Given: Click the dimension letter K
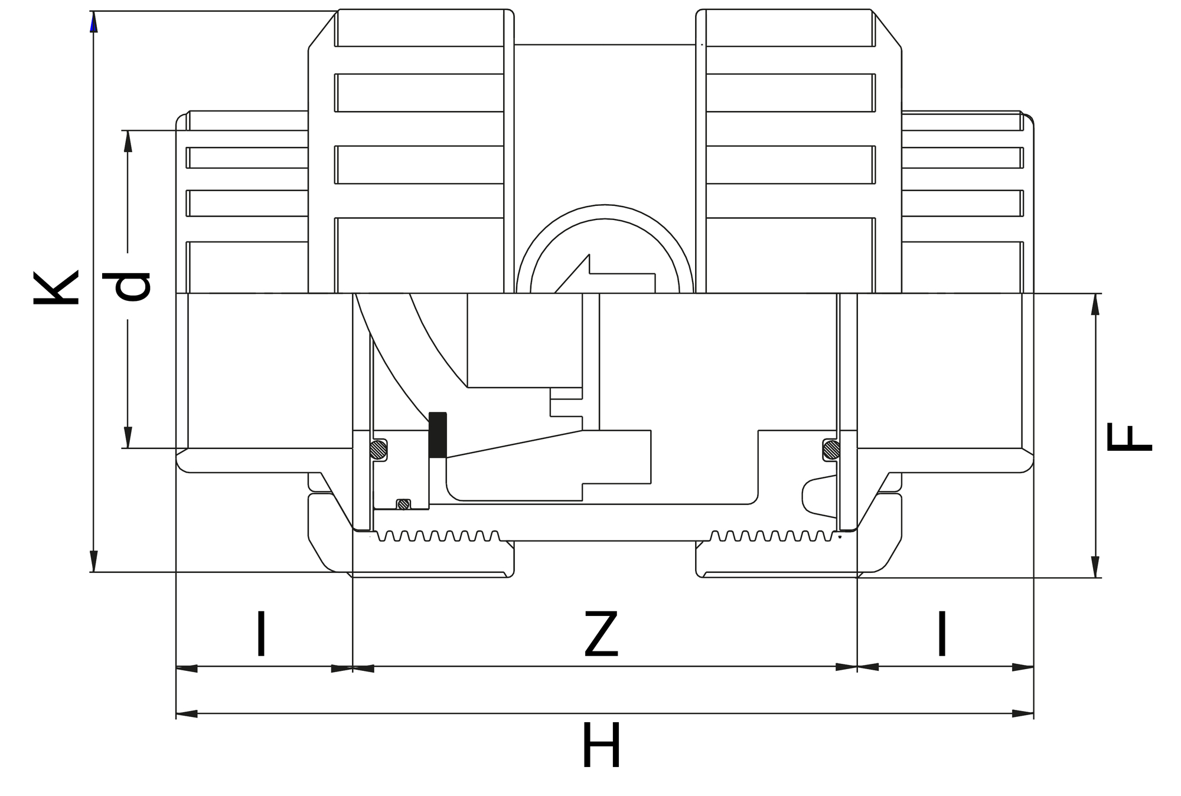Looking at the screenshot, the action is (x=56, y=288).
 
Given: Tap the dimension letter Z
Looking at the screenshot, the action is (x=601, y=635).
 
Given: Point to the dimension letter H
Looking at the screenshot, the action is (x=601, y=746).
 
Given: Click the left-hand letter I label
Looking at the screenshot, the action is (x=261, y=634).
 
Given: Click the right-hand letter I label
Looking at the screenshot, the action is (x=942, y=634).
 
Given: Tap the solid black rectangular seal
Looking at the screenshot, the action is (x=438, y=435).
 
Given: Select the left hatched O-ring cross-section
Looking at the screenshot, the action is (x=378, y=450).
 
